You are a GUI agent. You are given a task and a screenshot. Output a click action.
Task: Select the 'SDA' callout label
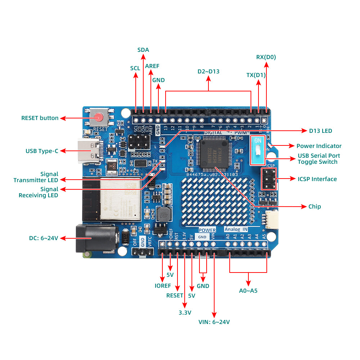pyautogui.click(x=143, y=50)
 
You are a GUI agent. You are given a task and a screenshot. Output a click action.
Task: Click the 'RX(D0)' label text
pyautogui.click(x=266, y=57)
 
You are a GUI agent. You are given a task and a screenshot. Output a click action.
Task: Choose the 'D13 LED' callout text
pyautogui.click(x=320, y=131)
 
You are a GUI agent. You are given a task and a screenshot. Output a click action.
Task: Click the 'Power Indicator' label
pyautogui.click(x=319, y=146)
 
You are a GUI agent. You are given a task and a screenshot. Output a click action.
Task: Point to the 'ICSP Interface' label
pyautogui.click(x=317, y=179)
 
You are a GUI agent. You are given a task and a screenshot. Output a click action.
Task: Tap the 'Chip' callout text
pyautogui.click(x=314, y=206)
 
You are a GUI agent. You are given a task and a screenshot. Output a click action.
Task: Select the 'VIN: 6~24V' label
pyautogui.click(x=214, y=322)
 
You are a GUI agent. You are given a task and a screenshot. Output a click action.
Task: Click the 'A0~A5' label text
pyautogui.click(x=248, y=291)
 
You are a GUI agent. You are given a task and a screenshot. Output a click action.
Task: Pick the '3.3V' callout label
pyautogui.click(x=185, y=312)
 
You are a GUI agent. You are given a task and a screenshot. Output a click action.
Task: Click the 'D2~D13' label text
pyautogui.click(x=208, y=71)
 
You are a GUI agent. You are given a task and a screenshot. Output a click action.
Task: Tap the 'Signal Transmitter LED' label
pyautogui.click(x=36, y=177)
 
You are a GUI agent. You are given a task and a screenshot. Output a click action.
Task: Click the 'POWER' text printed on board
pyautogui.click(x=207, y=230)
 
